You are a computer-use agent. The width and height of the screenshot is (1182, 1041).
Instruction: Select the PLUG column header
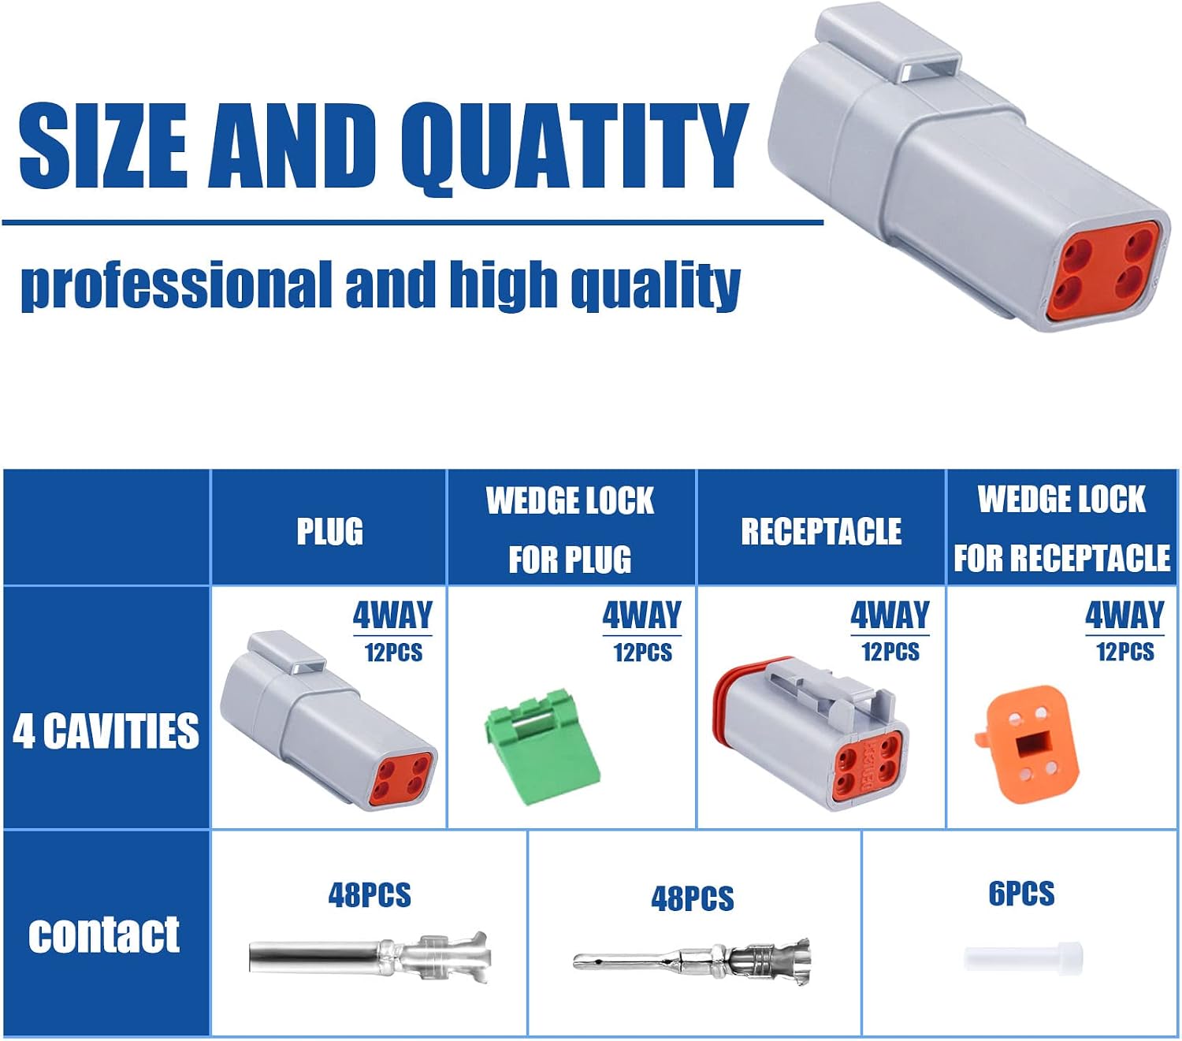[x=329, y=532]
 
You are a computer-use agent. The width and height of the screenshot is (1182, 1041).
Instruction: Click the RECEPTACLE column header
[x=821, y=532]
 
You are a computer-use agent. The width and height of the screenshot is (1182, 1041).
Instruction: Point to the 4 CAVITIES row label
[x=106, y=731]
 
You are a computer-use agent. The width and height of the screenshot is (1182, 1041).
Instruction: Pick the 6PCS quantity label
[x=1021, y=894]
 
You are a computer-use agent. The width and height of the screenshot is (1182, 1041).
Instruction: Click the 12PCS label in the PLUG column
[x=393, y=652]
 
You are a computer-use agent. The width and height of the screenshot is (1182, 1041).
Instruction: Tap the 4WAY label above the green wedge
[x=641, y=615]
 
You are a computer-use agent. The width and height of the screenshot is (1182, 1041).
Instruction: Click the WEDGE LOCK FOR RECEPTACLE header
[x=1061, y=529]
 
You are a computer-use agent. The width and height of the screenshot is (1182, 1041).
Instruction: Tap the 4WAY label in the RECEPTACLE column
[x=890, y=615]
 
